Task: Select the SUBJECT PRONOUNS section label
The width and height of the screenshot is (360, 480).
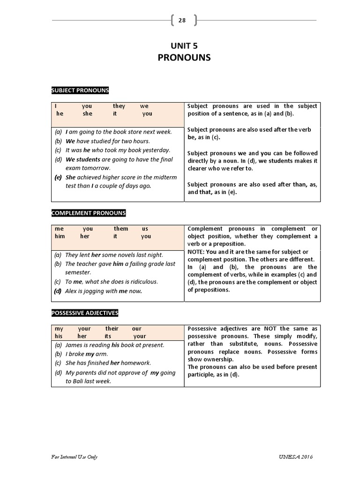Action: [x=80, y=90]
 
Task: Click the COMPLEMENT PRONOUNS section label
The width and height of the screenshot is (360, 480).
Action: [x=89, y=213]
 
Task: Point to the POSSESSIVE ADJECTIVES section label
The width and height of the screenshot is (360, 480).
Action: [x=85, y=313]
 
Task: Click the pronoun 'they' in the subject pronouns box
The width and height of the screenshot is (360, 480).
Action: [x=119, y=106]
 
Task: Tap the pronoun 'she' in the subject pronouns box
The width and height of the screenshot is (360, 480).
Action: [x=88, y=114]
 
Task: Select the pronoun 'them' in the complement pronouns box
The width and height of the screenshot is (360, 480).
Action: [x=121, y=229]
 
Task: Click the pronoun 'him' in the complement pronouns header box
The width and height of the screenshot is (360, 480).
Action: [x=60, y=236]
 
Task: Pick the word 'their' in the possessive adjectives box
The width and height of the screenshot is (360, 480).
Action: [x=112, y=329]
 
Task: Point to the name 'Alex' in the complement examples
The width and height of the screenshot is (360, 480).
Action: [x=72, y=291]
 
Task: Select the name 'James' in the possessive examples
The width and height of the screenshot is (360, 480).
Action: [x=74, y=345]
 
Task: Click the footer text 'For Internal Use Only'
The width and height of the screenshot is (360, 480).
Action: [x=75, y=457]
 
